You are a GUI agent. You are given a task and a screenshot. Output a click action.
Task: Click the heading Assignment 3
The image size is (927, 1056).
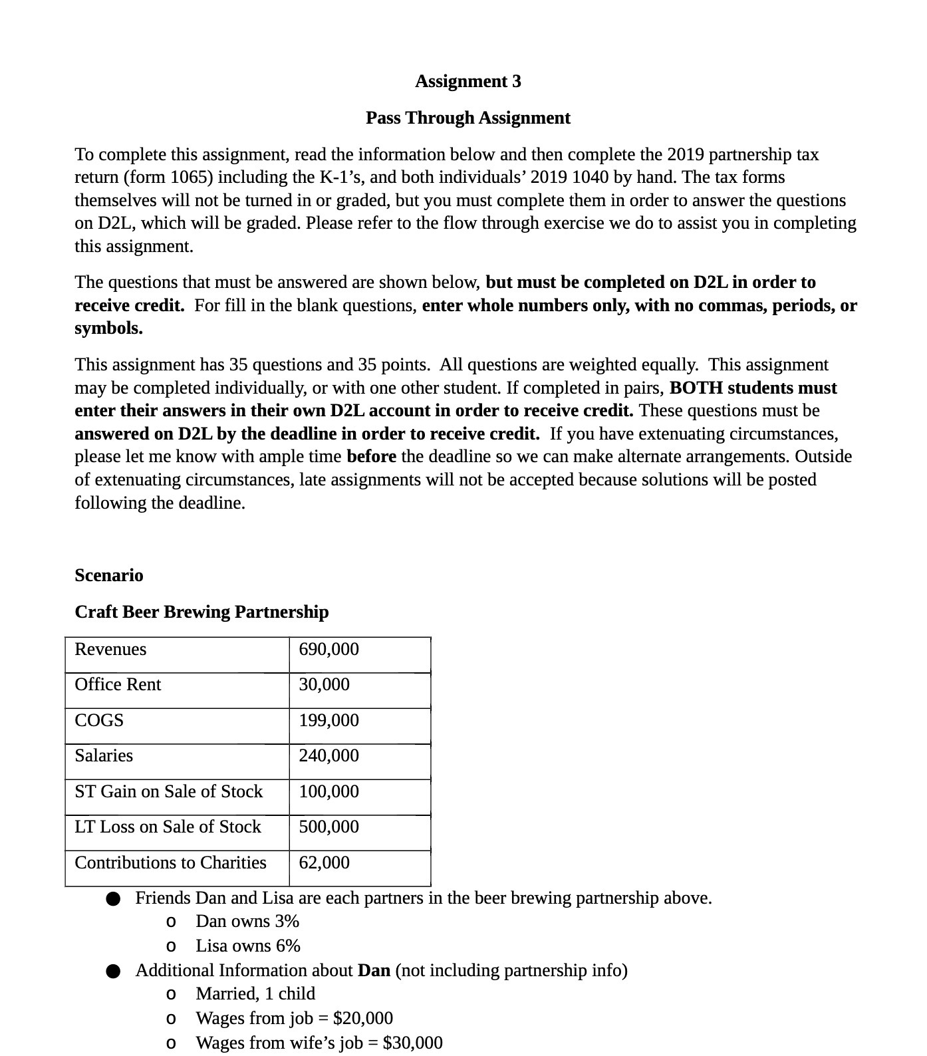[467, 81]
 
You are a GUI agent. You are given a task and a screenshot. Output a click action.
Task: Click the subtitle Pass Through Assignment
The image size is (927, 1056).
[467, 118]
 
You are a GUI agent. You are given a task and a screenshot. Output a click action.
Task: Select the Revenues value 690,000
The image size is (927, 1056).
[329, 649]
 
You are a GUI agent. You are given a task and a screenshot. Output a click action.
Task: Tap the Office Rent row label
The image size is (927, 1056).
[118, 684]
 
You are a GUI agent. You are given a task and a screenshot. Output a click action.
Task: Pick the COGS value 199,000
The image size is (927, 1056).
[329, 720]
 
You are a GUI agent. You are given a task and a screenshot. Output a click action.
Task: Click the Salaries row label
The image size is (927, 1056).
[104, 755]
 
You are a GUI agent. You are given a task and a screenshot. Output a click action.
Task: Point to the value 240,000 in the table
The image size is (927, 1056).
[329, 755]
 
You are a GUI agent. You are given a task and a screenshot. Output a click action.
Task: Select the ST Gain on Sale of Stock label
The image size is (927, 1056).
[168, 791]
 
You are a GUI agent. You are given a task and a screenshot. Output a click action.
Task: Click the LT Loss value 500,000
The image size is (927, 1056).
[329, 827]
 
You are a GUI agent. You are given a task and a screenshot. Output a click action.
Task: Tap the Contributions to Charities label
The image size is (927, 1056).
[170, 862]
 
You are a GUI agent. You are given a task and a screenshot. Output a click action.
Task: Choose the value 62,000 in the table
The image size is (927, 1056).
[324, 862]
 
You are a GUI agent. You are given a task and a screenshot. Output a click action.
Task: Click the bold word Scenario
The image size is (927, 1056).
[108, 575]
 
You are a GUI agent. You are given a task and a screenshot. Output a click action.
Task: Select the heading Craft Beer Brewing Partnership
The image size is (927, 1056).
[201, 612]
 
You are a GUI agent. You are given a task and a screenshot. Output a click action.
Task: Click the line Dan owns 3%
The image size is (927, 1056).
[247, 921]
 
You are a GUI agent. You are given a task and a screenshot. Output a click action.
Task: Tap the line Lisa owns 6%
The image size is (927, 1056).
[248, 946]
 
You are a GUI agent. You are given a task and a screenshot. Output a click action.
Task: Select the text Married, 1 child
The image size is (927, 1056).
[255, 993]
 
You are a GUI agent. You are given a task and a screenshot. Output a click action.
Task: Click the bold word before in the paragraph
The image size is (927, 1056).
[371, 456]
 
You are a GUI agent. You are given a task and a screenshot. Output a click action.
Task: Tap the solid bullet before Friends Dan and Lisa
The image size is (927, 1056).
[113, 899]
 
